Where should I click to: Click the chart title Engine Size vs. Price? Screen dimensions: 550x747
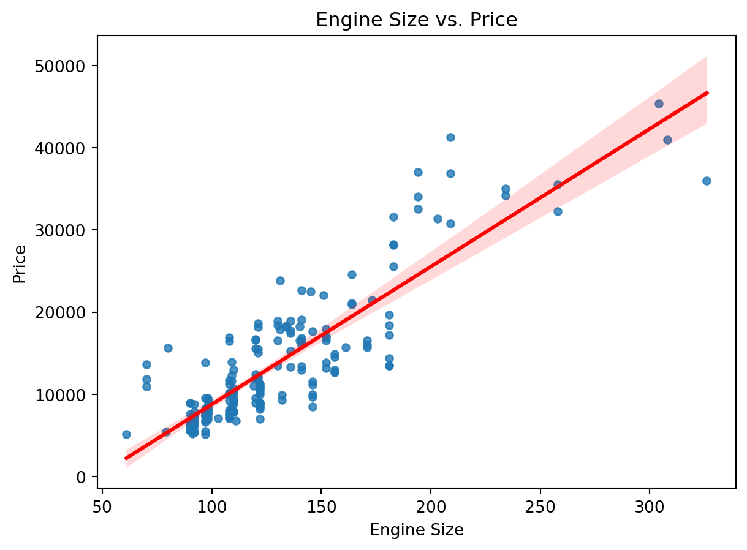click(416, 20)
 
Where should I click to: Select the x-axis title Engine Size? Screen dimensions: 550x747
click(416, 530)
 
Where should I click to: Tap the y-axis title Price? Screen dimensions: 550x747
click(20, 263)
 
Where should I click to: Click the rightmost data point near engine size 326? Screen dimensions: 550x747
click(707, 181)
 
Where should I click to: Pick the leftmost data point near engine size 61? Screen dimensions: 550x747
click(126, 434)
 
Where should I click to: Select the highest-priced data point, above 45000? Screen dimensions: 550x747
click(659, 104)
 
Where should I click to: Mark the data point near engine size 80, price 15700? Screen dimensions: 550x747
click(168, 348)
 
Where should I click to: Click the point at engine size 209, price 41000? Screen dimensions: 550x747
click(450, 137)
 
